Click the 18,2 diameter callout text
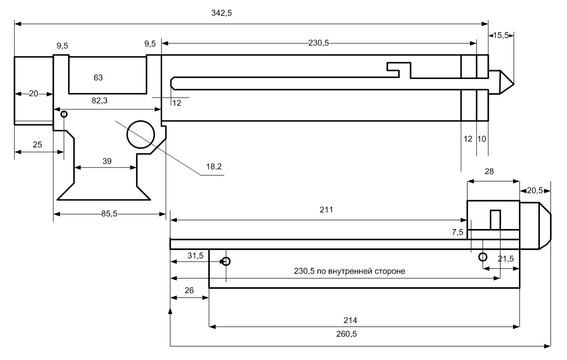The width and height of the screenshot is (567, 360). point(212,166)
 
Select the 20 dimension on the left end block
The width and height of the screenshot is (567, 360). point(33,94)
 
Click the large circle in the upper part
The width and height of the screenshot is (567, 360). point(141,134)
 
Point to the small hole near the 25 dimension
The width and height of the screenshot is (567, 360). point(64,115)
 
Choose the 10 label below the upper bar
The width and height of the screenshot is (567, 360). point(482,139)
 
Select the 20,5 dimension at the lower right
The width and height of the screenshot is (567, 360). point(535,191)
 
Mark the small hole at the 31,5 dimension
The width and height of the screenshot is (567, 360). point(226,262)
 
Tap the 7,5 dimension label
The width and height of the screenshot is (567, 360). point(457,232)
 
